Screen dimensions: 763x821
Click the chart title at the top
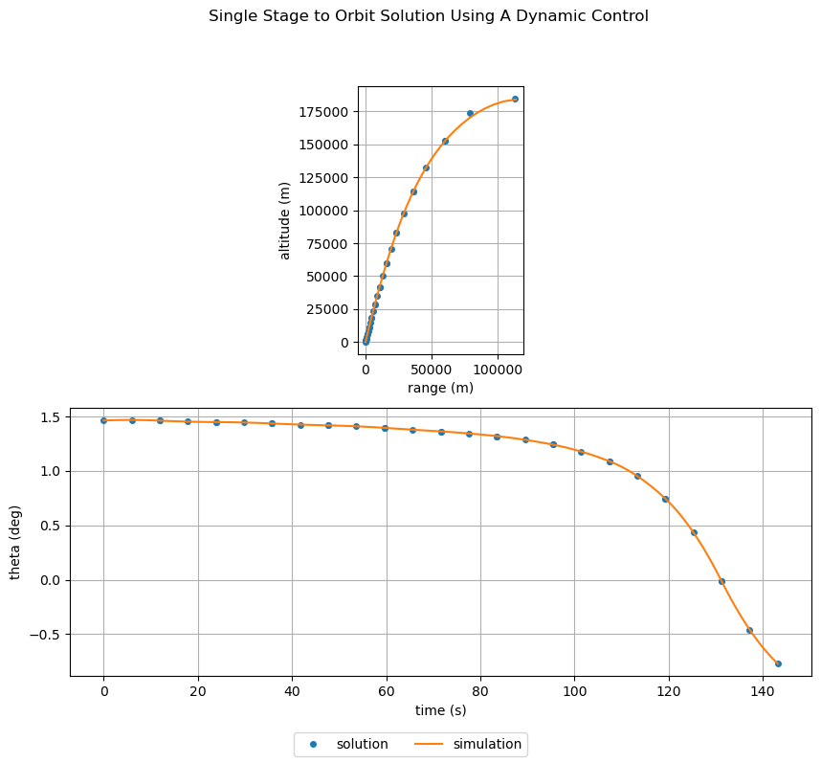tap(429, 16)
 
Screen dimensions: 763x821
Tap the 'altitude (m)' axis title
tap(284, 220)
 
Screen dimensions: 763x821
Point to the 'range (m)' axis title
tap(440, 388)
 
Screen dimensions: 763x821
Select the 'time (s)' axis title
tap(440, 710)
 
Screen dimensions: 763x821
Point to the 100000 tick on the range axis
tap(498, 369)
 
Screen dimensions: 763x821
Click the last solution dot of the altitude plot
tap(515, 99)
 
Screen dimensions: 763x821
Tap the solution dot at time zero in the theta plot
tap(103, 420)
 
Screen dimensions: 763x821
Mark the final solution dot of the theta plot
tap(778, 663)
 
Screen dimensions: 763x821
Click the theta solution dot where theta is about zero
tap(721, 581)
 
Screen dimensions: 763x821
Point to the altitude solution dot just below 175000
tap(470, 113)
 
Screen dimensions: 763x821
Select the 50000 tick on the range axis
tap(432, 369)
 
